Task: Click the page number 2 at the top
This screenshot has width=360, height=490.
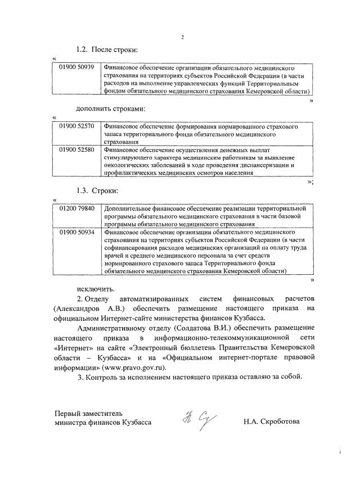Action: click(x=182, y=37)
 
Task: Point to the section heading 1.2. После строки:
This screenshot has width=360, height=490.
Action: click(x=107, y=51)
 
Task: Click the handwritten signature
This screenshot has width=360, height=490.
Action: click(x=192, y=419)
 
